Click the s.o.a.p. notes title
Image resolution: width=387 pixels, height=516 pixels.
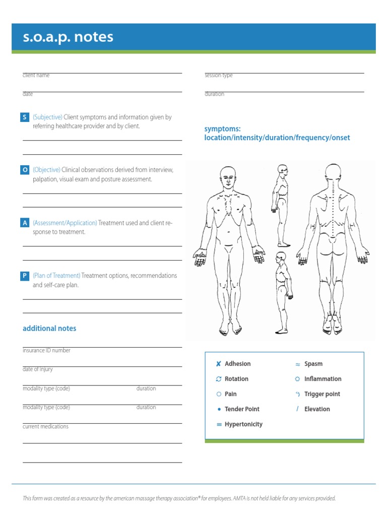pyautogui.click(x=68, y=37)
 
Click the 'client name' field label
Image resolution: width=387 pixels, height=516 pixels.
pyautogui.click(x=36, y=76)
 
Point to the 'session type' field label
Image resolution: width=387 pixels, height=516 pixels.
pyautogui.click(x=218, y=76)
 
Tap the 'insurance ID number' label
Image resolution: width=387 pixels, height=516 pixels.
pyautogui.click(x=46, y=351)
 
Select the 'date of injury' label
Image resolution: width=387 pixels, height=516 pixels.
pyautogui.click(x=38, y=369)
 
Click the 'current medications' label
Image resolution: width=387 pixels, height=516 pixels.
pyautogui.click(x=45, y=427)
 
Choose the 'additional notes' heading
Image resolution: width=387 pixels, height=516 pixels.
pyautogui.click(x=49, y=329)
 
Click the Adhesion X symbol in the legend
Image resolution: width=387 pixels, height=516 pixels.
pyautogui.click(x=218, y=364)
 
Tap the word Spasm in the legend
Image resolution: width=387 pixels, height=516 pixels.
pyautogui.click(x=313, y=364)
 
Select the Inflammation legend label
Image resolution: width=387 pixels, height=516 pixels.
pyautogui.click(x=322, y=379)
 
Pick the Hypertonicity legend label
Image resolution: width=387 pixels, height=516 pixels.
pyautogui.click(x=243, y=424)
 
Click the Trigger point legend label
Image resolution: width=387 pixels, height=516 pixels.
pyautogui.click(x=322, y=394)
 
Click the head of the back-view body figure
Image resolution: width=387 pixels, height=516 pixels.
pyautogui.click(x=333, y=174)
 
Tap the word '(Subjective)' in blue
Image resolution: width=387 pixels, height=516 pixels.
pyautogui.click(x=47, y=117)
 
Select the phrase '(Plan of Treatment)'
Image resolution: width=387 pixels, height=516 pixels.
pyautogui.click(x=56, y=276)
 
